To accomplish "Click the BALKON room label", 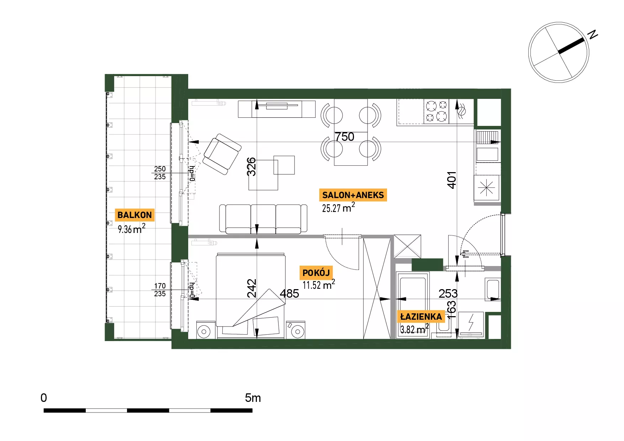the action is (135, 215).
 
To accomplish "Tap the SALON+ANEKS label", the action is (353, 195).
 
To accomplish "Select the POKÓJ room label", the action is (316, 273).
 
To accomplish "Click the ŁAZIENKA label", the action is (421, 317).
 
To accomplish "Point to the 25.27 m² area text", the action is (338, 207).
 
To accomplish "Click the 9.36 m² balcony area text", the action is (132, 228).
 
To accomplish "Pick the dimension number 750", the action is (344, 137).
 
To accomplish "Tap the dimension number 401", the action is (451, 180).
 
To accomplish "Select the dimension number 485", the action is (289, 293).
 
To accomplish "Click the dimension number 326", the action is (251, 167).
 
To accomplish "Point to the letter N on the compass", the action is (592, 34).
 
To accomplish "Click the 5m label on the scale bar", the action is (253, 398).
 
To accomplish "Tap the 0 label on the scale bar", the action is (44, 398).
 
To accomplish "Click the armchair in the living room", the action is (222, 154).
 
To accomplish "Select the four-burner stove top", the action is (436, 111).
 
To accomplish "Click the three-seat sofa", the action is (263, 219).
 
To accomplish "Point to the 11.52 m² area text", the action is (319, 285).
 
